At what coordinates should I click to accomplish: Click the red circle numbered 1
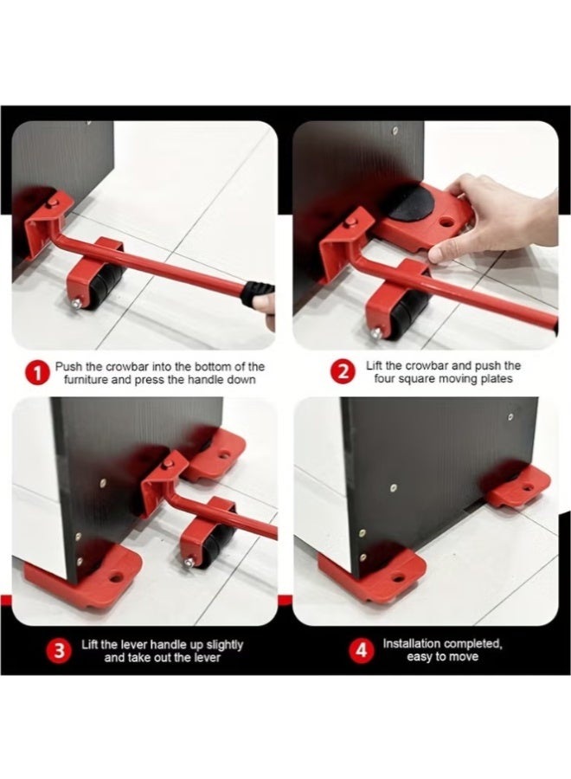[x=35, y=375]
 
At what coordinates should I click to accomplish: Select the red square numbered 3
[x=59, y=651]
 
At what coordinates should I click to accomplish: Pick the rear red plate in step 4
[x=519, y=486]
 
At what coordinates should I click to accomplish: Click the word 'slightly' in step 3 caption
[x=221, y=645]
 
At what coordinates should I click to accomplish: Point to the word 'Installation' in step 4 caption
[x=414, y=644]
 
